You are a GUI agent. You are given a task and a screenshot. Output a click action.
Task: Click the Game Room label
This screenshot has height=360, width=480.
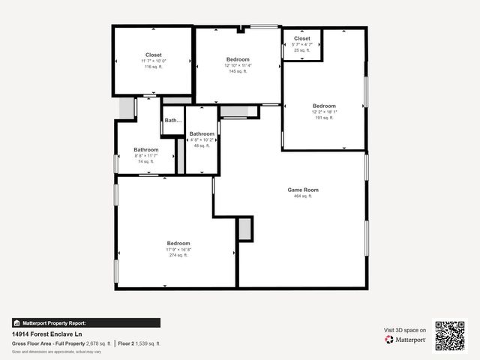pos(303,190)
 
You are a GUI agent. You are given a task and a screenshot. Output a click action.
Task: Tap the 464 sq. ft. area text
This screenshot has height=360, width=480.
pos(303,196)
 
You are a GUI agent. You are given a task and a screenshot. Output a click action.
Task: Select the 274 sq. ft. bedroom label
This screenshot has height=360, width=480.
pos(178,243)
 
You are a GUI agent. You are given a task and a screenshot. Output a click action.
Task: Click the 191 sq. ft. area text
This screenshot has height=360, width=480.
pos(324,118)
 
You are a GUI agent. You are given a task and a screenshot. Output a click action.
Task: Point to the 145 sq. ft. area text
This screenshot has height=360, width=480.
pos(238,71)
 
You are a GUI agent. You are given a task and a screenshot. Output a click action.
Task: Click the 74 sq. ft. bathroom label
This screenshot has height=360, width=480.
pos(145,149)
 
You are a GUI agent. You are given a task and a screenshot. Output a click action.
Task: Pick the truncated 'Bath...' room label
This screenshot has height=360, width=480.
pos(173,120)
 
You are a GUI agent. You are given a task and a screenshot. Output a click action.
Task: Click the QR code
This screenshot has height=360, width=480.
pos(450,335)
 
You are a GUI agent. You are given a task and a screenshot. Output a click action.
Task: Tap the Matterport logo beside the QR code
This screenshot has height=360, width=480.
pos(406,340)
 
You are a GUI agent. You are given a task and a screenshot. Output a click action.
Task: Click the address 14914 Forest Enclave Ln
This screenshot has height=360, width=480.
pos(46,334)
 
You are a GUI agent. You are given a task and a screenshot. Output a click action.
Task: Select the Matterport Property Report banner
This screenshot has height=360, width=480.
pos(85,323)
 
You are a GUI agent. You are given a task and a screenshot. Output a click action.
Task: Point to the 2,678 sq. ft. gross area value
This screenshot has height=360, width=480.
pos(98,343)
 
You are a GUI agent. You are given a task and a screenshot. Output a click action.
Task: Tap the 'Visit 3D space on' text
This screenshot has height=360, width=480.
pos(405,330)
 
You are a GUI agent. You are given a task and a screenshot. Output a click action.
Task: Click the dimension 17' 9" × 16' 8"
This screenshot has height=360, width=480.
pos(178,250)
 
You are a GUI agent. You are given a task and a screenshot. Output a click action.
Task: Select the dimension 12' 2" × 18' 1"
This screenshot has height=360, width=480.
pos(324,112)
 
